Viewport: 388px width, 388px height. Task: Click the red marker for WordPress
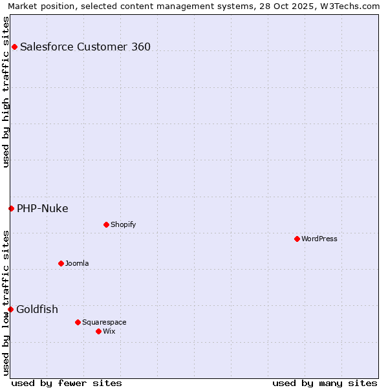[x=297, y=239]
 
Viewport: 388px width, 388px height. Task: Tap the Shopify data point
[x=106, y=224]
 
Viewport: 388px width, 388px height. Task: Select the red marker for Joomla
[x=61, y=263]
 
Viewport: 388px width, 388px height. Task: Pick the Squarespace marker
[x=78, y=322]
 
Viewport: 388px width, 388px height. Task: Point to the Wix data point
[x=98, y=331]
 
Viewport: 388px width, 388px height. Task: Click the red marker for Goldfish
[x=10, y=309]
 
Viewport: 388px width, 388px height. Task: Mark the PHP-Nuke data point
[x=11, y=208]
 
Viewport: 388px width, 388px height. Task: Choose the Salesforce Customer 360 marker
[x=14, y=47]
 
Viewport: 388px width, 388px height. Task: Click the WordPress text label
[x=319, y=239]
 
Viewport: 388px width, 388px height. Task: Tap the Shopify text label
[x=123, y=224]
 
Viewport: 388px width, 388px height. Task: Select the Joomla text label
[x=77, y=263]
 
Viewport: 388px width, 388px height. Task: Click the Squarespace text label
[x=104, y=322]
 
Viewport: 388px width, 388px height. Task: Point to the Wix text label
[x=109, y=331]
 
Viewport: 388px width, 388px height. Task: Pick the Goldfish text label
[x=37, y=309]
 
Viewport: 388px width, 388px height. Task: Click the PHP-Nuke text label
[x=43, y=208]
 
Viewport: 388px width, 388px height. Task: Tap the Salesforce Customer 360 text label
[x=85, y=47]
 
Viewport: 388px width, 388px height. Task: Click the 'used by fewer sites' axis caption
[x=67, y=383]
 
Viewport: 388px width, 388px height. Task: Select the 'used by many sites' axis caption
[x=325, y=383]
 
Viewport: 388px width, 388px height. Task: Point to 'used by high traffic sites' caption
[x=6, y=92]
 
